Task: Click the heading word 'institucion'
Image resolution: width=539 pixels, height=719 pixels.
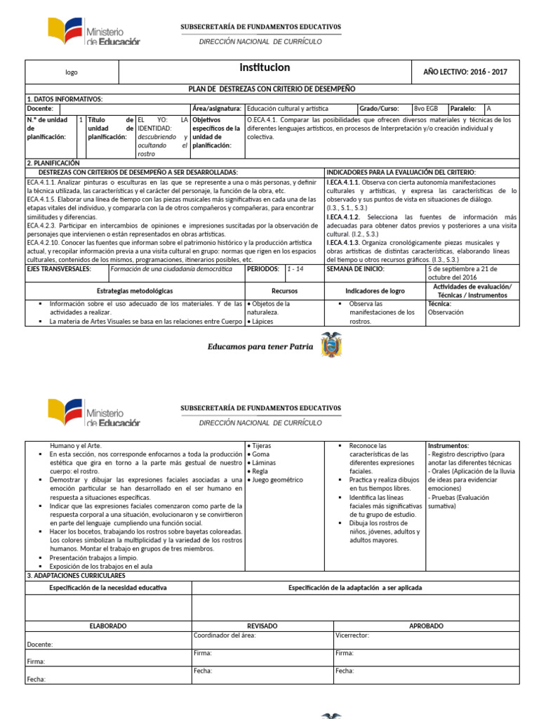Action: (265, 68)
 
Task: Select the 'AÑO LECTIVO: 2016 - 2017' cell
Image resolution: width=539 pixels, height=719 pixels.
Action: (465, 72)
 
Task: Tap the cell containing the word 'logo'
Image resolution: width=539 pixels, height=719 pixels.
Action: (72, 72)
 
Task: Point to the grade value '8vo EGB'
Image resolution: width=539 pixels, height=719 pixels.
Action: (427, 109)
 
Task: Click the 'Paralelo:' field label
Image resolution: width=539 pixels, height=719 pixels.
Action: (463, 109)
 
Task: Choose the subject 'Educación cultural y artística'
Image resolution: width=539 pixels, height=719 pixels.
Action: (288, 109)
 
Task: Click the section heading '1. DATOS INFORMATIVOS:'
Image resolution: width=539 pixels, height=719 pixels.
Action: (65, 99)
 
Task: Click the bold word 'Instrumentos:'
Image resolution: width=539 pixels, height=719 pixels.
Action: (448, 446)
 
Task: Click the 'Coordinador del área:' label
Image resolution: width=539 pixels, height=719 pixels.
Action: (225, 635)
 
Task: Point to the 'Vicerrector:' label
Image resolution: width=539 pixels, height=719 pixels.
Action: (352, 635)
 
